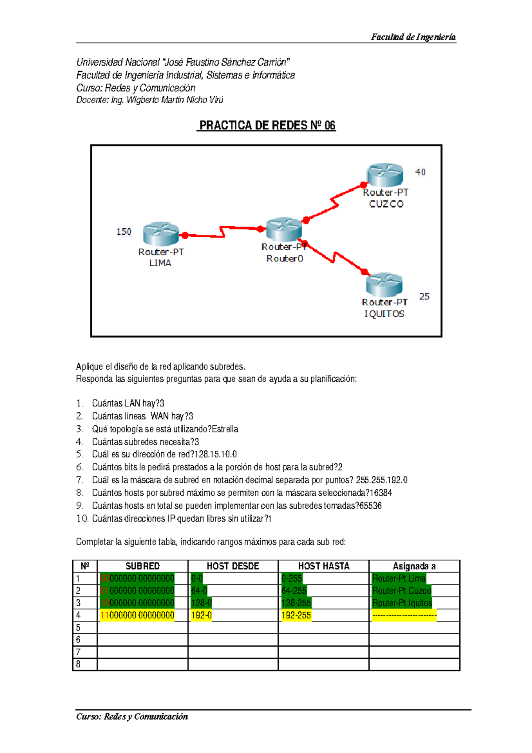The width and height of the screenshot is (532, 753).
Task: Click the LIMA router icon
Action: (160, 234)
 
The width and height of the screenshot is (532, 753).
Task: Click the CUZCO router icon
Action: (385, 175)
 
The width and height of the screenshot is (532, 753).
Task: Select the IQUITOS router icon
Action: (384, 285)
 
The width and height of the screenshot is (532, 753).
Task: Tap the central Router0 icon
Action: (284, 229)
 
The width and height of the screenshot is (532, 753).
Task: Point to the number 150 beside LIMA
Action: (124, 232)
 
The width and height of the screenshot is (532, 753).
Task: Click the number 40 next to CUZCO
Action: (420, 172)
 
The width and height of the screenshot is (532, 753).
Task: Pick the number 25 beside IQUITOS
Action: (424, 297)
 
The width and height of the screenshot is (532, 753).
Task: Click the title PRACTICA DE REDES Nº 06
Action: (267, 125)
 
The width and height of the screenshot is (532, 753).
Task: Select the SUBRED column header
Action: (142, 566)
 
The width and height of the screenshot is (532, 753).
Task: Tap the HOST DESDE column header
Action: (233, 566)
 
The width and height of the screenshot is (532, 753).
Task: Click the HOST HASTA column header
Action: (324, 566)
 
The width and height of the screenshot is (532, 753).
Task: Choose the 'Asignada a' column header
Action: (414, 566)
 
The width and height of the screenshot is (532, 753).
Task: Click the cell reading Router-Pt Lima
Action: (399, 578)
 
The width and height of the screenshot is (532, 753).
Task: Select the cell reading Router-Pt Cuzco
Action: (402, 591)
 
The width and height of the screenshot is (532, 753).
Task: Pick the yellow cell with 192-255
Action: (296, 616)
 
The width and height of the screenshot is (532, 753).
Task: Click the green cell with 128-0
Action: (201, 603)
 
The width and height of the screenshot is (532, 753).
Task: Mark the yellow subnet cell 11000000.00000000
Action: (137, 616)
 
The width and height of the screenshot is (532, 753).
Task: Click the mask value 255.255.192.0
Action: (381, 480)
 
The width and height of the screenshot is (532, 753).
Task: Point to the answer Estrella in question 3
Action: (225, 429)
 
